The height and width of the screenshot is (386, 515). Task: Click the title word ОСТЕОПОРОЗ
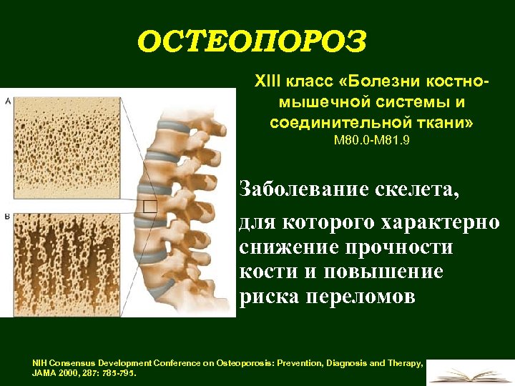coord(252,41)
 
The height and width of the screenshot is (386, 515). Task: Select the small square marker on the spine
coord(150,207)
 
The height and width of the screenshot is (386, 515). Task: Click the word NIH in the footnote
coord(40,363)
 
